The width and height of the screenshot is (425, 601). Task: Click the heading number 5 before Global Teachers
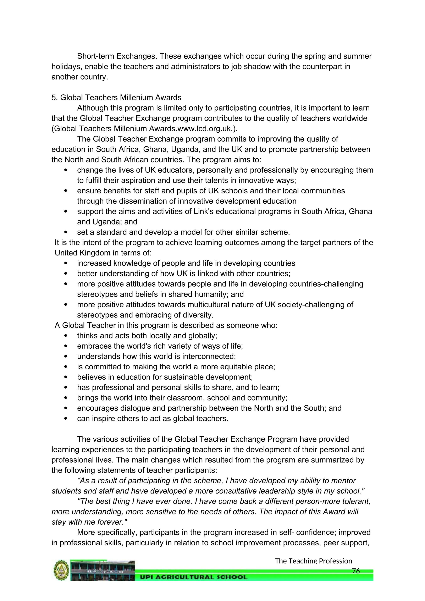click(54, 98)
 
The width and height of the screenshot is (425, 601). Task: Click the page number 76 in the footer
click(356, 571)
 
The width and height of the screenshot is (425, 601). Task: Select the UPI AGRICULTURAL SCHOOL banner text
click(194, 577)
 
